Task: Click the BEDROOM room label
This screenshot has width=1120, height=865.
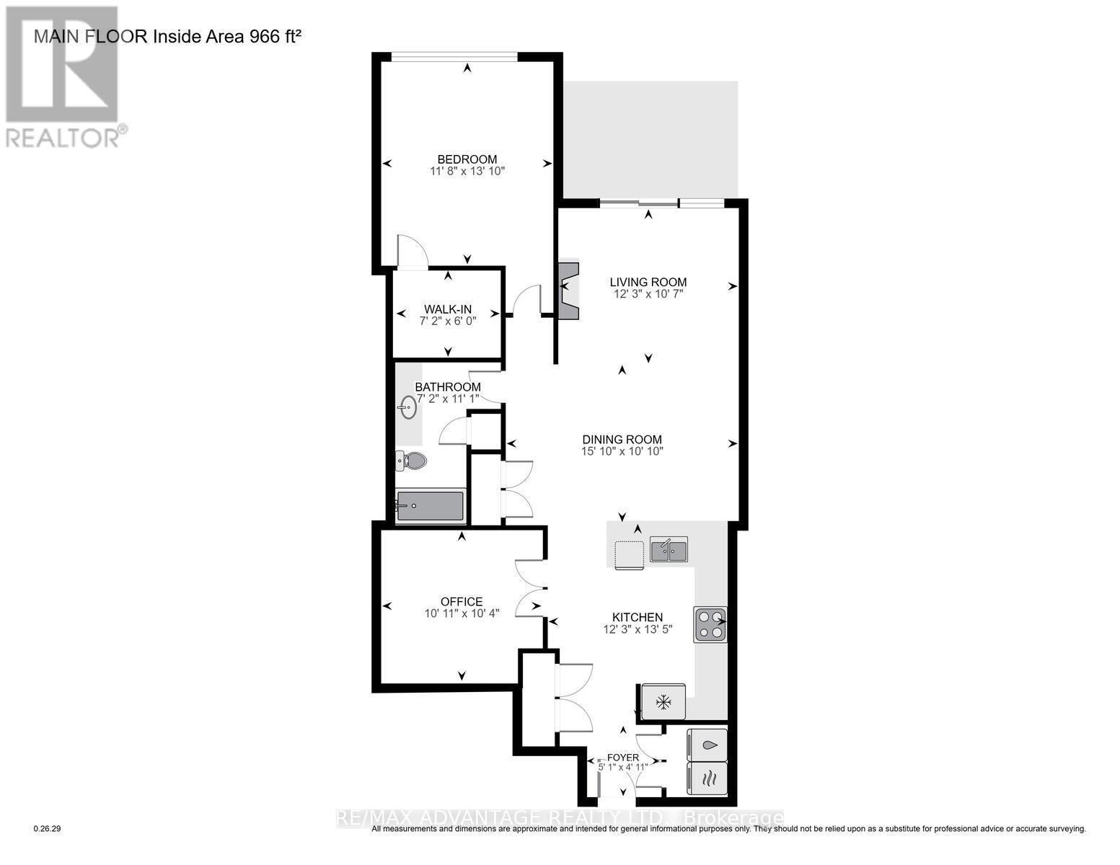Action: (x=467, y=159)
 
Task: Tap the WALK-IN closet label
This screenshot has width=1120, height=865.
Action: (x=447, y=309)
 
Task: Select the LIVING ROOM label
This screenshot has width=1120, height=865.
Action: (x=648, y=282)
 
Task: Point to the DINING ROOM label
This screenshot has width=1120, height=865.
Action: (x=622, y=439)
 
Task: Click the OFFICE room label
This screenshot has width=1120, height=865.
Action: (x=462, y=602)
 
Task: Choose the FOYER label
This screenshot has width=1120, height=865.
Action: (x=623, y=758)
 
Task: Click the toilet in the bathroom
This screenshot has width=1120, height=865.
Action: (x=412, y=461)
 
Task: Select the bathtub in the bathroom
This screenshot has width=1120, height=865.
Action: (x=430, y=506)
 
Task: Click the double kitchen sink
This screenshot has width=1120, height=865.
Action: (x=669, y=550)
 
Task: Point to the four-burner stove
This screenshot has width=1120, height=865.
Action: (x=710, y=625)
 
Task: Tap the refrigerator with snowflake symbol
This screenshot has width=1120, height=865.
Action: (x=663, y=701)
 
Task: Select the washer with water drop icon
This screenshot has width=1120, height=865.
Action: (x=708, y=745)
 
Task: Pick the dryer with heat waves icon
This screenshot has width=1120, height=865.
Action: (x=708, y=778)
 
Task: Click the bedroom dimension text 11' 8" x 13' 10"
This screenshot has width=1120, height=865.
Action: (x=467, y=172)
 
